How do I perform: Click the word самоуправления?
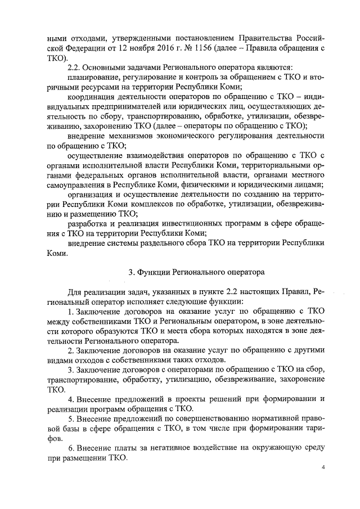(x=79, y=187)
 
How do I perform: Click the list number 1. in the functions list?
(x=70, y=312)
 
